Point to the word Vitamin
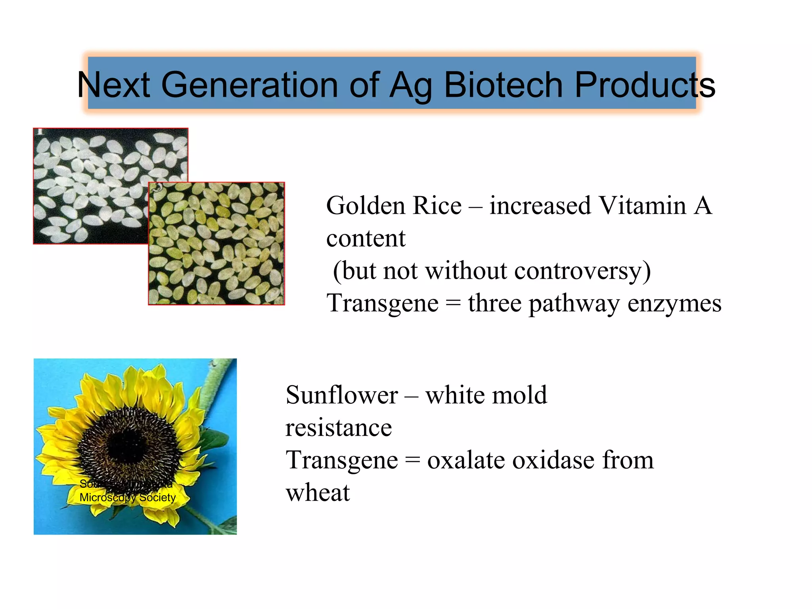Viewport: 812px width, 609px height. point(642,206)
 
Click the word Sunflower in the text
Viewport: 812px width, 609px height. point(342,395)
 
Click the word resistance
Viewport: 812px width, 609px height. point(339,428)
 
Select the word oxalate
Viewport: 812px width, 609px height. point(465,460)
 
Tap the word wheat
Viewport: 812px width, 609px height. point(318,493)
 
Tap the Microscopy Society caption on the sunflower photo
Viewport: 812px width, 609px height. point(128,497)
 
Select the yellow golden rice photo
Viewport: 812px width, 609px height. point(216,243)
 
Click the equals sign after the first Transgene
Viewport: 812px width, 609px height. point(453,304)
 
